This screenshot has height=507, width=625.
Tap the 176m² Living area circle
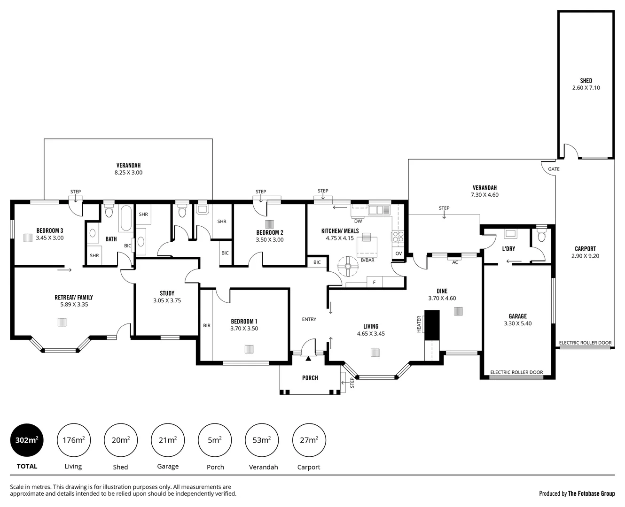[73, 440]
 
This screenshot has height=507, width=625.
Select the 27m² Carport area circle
[309, 440]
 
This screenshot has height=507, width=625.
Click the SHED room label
[586, 81]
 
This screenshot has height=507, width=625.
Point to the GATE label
[553, 169]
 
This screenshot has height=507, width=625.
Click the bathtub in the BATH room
[125, 218]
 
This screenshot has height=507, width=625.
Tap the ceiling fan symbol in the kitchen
[348, 266]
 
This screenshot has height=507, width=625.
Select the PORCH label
[310, 378]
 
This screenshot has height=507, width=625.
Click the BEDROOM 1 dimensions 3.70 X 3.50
[244, 329]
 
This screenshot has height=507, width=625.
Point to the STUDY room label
[167, 293]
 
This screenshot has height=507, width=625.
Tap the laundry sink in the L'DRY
[510, 233]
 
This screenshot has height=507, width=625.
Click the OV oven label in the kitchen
[398, 253]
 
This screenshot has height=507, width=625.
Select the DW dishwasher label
[358, 221]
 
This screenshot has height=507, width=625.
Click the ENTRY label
[309, 319]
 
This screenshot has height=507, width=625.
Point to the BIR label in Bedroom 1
[206, 325]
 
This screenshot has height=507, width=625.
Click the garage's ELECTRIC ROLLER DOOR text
[516, 372]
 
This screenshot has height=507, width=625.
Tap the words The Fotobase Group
[591, 493]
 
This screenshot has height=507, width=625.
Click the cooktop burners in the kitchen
[398, 237]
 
